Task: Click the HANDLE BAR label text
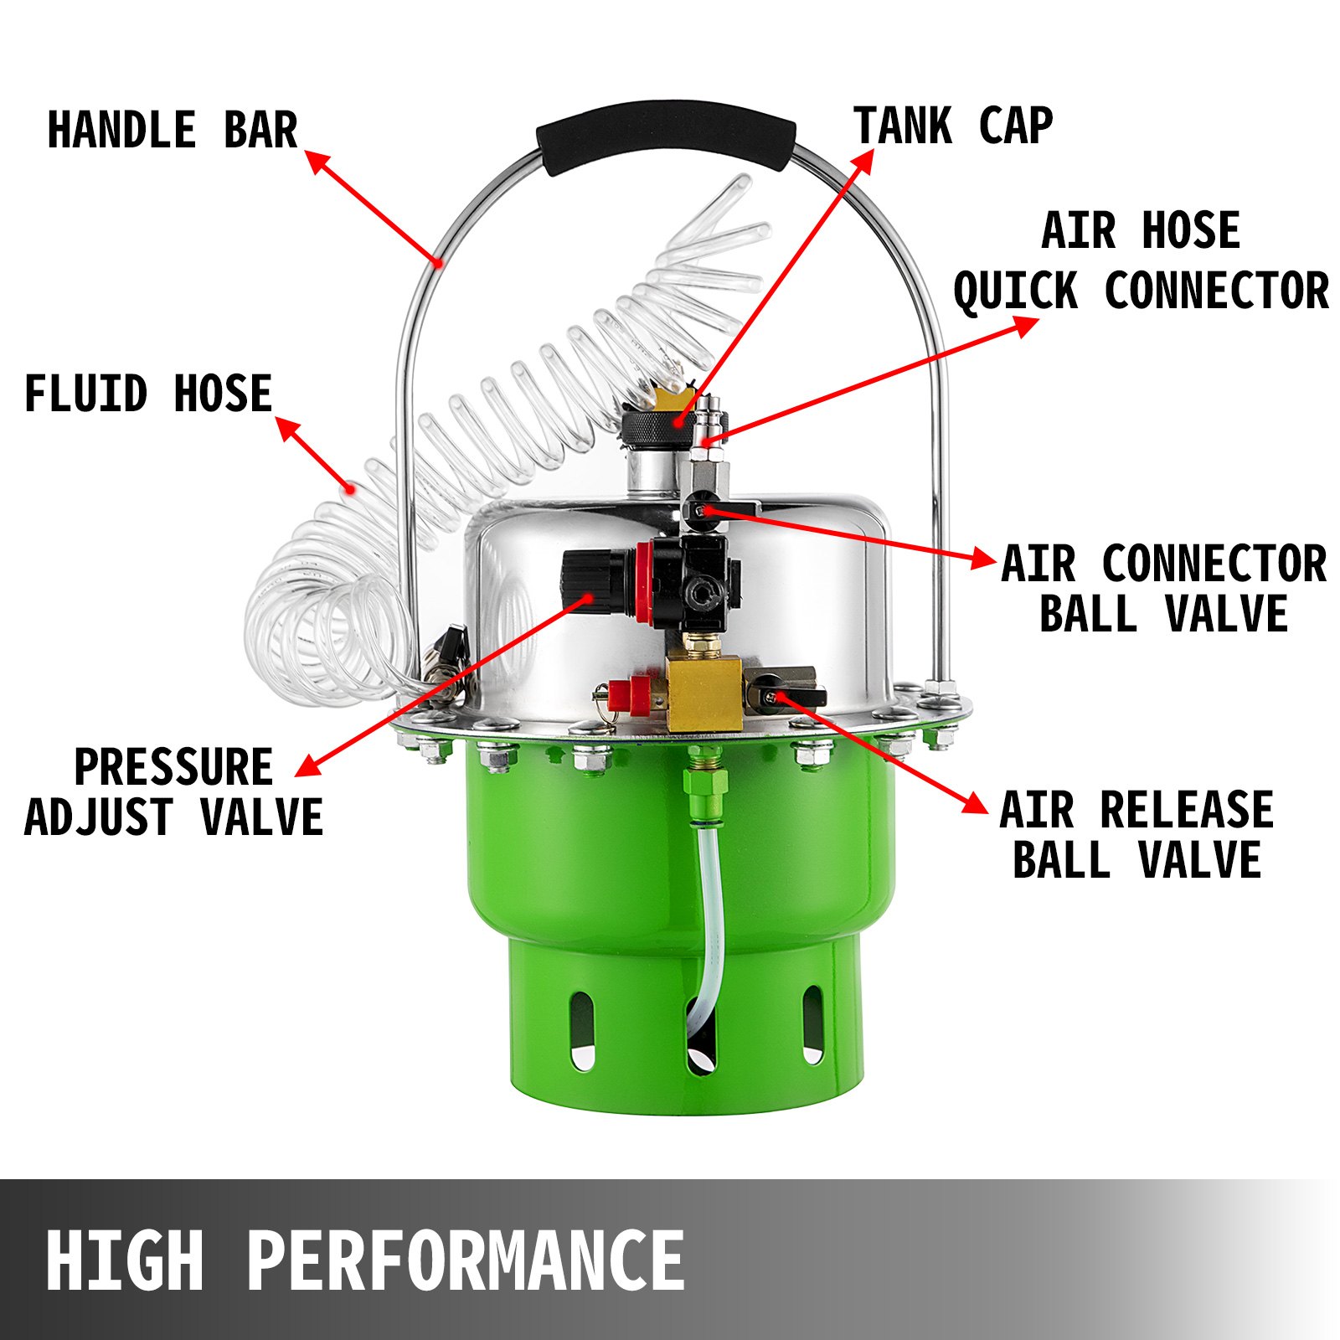click(x=173, y=130)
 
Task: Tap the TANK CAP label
click(x=953, y=126)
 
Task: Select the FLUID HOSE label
click(x=148, y=394)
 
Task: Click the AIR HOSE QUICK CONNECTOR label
click(x=1141, y=261)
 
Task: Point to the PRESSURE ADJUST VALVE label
click(x=174, y=791)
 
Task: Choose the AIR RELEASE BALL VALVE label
click(x=1136, y=835)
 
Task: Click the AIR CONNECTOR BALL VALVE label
click(x=1163, y=588)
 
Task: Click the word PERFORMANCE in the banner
click(x=466, y=1260)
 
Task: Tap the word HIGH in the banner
click(x=126, y=1260)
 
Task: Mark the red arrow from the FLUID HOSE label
click(x=314, y=452)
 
